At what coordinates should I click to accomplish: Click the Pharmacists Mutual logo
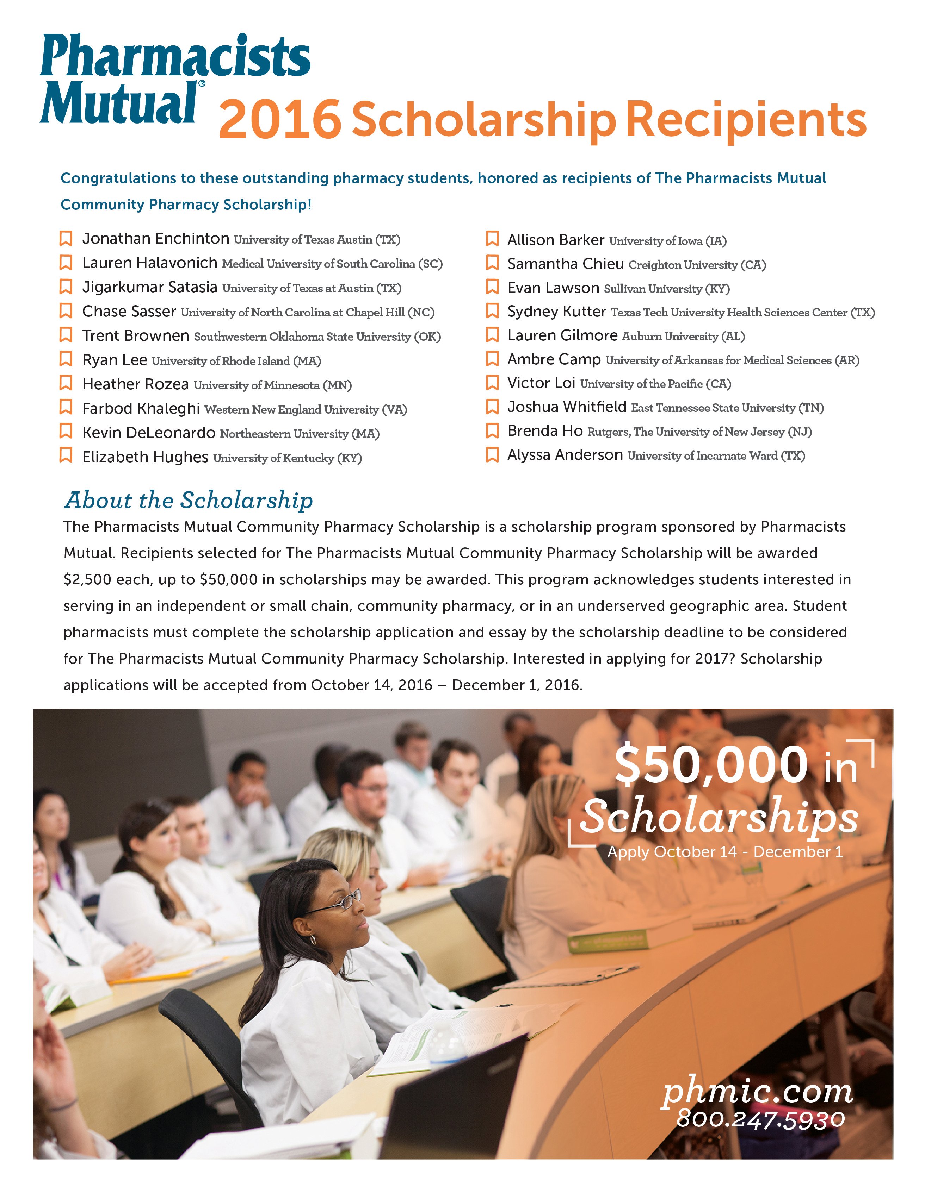click(x=174, y=79)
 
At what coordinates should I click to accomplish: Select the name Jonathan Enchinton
click(x=156, y=239)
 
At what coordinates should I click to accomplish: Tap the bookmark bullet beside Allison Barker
click(x=492, y=239)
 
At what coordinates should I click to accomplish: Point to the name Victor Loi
click(x=541, y=383)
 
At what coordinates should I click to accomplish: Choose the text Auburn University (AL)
click(x=683, y=337)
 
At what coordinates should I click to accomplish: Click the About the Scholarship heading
click(x=189, y=500)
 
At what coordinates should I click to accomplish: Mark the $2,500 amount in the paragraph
click(x=88, y=580)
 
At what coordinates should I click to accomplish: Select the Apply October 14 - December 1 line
click(x=724, y=852)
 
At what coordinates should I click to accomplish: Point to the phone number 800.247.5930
click(x=760, y=1119)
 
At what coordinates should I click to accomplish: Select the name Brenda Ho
click(x=545, y=431)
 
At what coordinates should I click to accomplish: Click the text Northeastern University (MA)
click(x=300, y=434)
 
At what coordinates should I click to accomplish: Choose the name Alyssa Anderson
click(x=565, y=455)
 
